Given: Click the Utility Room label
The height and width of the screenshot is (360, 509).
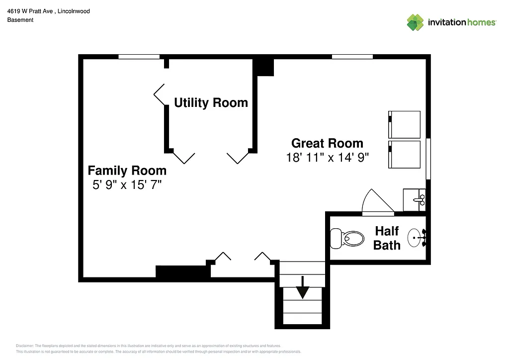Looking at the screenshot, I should tap(211, 103).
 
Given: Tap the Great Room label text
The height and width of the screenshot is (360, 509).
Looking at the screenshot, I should tap(327, 143).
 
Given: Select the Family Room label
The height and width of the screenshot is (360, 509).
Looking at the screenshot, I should tap(127, 171).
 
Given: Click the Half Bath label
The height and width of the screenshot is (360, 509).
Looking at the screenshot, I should tap(387, 238).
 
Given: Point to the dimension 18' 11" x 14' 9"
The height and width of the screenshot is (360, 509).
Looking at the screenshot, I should tap(327, 158).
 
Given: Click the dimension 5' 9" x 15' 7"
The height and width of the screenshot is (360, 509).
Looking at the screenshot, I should tap(127, 185).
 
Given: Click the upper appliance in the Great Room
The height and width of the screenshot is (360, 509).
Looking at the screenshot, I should tap(404, 124).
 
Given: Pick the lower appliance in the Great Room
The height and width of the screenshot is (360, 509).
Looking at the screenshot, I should tap(404, 155).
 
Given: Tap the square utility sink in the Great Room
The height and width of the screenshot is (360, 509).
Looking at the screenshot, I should tap(414, 199).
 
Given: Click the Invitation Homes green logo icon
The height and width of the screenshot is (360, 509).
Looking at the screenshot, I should tap(415, 22).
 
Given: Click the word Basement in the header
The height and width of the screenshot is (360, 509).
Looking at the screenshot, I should tap(20, 20).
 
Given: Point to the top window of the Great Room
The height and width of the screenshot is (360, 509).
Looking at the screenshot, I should tap(352, 57).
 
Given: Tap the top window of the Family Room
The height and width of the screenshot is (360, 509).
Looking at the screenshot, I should tap(139, 57).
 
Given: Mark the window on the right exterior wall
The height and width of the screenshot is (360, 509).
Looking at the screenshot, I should tap(428, 159).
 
